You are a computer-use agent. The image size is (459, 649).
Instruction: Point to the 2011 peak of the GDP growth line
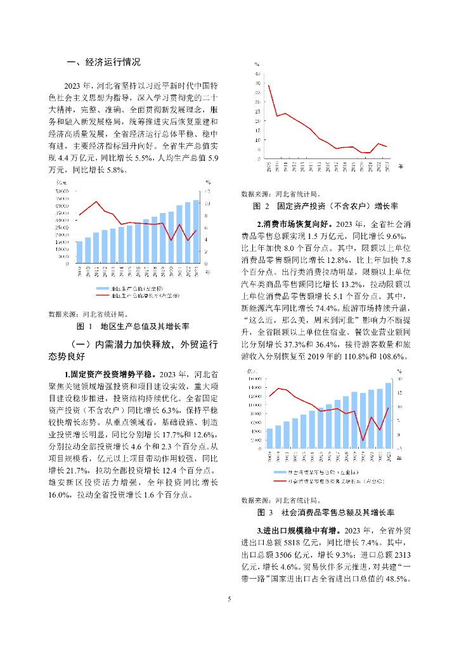(x=96, y=202)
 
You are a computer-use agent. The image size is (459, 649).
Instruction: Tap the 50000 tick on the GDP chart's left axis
(x=62, y=191)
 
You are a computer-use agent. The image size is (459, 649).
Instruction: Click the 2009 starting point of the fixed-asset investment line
(x=268, y=85)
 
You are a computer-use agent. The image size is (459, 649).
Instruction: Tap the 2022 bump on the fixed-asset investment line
(x=379, y=144)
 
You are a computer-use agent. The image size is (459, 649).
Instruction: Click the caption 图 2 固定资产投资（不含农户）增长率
(x=325, y=207)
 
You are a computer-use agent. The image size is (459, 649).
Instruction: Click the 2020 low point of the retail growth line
(x=363, y=440)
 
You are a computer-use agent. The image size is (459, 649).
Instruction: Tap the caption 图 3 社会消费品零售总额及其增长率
(x=326, y=511)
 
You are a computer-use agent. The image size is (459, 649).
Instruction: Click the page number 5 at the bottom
(x=229, y=598)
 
